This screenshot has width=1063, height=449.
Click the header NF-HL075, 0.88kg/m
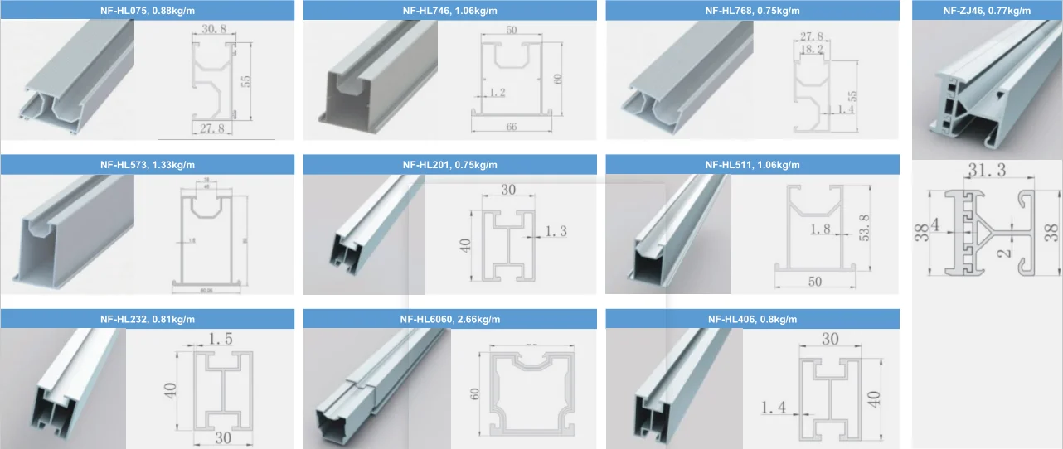pyautogui.click(x=148, y=11)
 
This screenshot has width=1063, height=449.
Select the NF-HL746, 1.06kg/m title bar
pyautogui.click(x=450, y=11)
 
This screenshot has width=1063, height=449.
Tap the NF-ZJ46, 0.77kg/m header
pyautogui.click(x=987, y=11)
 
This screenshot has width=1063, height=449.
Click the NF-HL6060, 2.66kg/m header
pyautogui.click(x=450, y=319)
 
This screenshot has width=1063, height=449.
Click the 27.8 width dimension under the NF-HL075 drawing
pyautogui.click(x=211, y=128)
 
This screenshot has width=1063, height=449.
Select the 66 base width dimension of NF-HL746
pyautogui.click(x=512, y=127)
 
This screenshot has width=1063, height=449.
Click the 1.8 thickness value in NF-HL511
pyautogui.click(x=818, y=229)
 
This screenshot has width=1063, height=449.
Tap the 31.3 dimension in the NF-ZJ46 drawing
pyautogui.click(x=987, y=171)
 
